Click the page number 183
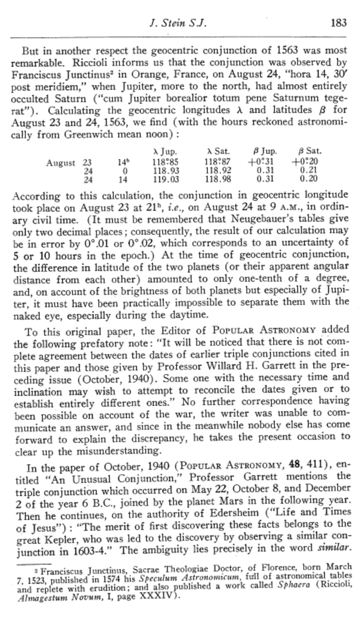point(338,23)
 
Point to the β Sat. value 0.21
point(309,171)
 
